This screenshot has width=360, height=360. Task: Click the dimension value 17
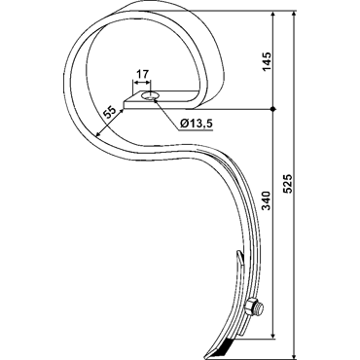[x=142, y=74]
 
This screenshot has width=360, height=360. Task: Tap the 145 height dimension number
[x=267, y=61]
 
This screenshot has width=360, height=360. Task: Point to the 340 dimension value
[x=267, y=200]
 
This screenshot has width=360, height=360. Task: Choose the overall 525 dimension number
[x=288, y=184]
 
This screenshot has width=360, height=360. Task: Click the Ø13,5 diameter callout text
[x=197, y=124]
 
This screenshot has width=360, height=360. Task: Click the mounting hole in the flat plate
[x=150, y=96]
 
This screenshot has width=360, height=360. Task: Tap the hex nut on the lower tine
[x=250, y=307]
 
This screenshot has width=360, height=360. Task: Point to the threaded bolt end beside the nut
[x=259, y=307]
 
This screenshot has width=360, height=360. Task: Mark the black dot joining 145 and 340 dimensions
[x=273, y=109]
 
